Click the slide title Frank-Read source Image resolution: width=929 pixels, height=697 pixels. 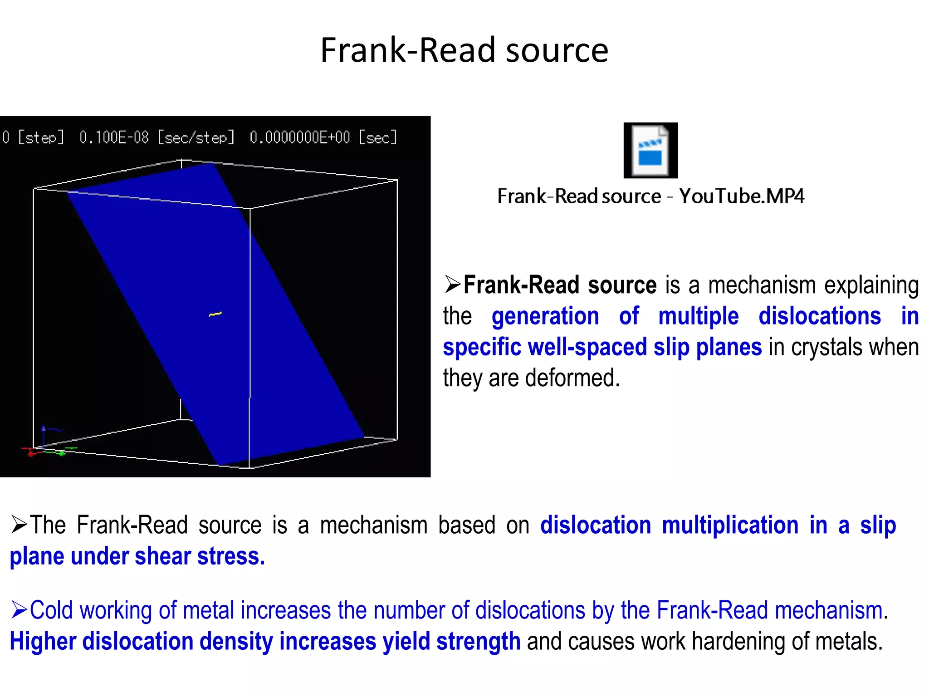coord(464,50)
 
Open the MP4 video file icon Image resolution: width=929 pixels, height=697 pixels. coord(650,150)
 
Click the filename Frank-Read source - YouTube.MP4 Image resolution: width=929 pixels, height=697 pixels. coord(650,196)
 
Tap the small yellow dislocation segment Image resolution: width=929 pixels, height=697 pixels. coord(215,314)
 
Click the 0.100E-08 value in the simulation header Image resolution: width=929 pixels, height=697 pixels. coord(114,137)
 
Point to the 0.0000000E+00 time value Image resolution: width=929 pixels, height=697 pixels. coord(300,137)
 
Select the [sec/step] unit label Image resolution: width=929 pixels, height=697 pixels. coord(196,137)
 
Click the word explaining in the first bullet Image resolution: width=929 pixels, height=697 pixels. coord(871,285)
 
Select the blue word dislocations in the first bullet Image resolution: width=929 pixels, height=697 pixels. coord(820,316)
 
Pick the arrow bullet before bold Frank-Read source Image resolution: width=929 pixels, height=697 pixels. coord(452,285)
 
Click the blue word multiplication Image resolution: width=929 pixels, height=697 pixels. coord(730,525)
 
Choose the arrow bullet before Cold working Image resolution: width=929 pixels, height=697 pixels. coord(20,610)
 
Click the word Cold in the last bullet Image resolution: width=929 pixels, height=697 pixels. coord(51,610)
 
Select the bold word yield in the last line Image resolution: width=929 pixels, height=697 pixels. coord(406,642)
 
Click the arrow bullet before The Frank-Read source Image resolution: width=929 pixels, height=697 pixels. coord(20,525)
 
